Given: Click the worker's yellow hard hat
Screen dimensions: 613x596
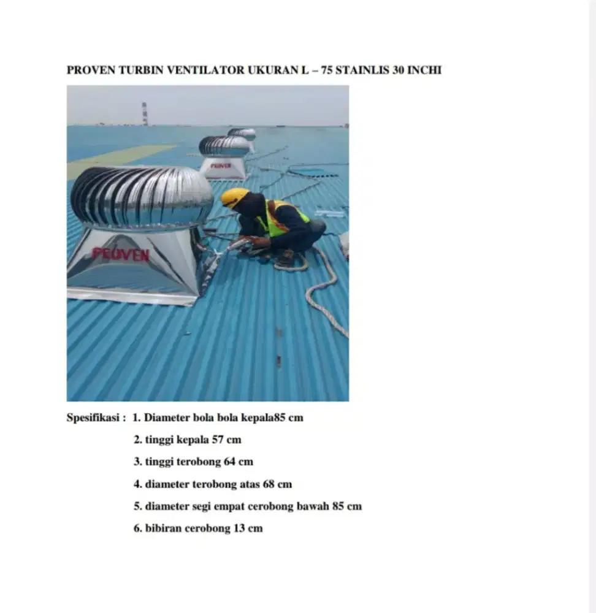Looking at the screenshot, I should [x=234, y=197].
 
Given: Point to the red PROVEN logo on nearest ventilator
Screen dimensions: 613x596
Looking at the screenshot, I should [x=121, y=254].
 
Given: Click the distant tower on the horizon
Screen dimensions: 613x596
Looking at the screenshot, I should [x=145, y=114].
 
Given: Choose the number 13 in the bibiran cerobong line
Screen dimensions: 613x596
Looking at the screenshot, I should [x=240, y=528].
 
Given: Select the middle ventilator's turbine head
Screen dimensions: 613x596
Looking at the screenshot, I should [x=224, y=146].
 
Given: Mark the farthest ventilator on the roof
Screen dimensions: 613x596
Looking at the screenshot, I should [x=242, y=133].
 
